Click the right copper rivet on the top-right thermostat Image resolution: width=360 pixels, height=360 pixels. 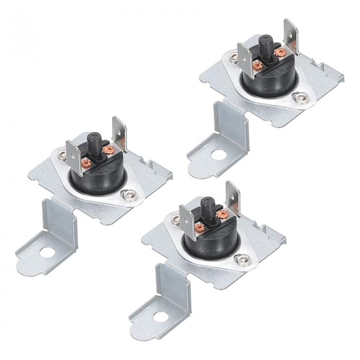[x=280, y=52]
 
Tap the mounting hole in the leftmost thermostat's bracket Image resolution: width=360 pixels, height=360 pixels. [x=46, y=253]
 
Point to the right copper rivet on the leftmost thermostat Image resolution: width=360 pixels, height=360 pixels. [x=108, y=150]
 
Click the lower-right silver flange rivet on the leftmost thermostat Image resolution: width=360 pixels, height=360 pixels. [x=127, y=194]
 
